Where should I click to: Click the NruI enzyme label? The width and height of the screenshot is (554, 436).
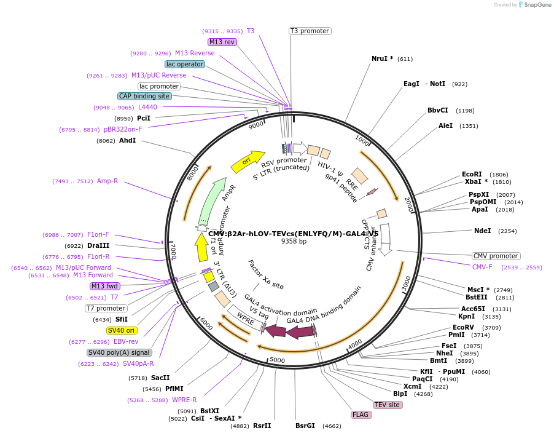point(382,59)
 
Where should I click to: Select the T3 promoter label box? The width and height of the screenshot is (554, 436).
point(310,31)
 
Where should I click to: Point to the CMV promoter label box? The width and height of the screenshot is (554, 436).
point(496,256)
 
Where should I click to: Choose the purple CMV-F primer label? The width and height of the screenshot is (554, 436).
point(482,267)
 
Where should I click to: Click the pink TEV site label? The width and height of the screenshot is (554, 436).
point(388,404)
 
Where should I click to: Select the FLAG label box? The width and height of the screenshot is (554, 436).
point(361,414)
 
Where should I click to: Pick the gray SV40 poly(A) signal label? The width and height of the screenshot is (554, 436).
point(119,352)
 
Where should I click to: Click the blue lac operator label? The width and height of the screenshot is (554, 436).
point(185,64)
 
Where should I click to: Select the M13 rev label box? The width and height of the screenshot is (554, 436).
point(222,42)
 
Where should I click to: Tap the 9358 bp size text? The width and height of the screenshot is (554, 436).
point(294,242)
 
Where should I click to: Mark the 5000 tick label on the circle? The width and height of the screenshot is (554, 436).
point(278,360)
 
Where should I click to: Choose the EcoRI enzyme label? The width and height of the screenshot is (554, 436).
point(472,174)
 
